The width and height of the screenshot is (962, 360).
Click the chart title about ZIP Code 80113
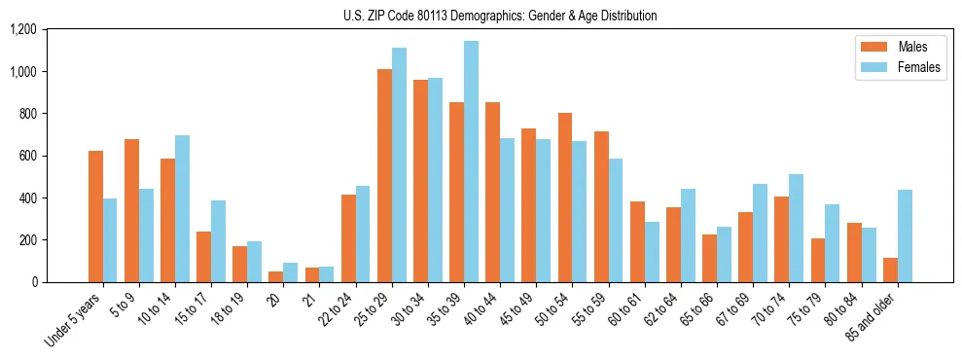coord(500,16)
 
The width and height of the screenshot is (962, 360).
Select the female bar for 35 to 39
coord(471,162)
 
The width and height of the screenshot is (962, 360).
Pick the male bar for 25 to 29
coord(384,176)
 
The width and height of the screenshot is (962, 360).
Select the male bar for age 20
coord(276,277)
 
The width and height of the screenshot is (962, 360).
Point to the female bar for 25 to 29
coord(399,165)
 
